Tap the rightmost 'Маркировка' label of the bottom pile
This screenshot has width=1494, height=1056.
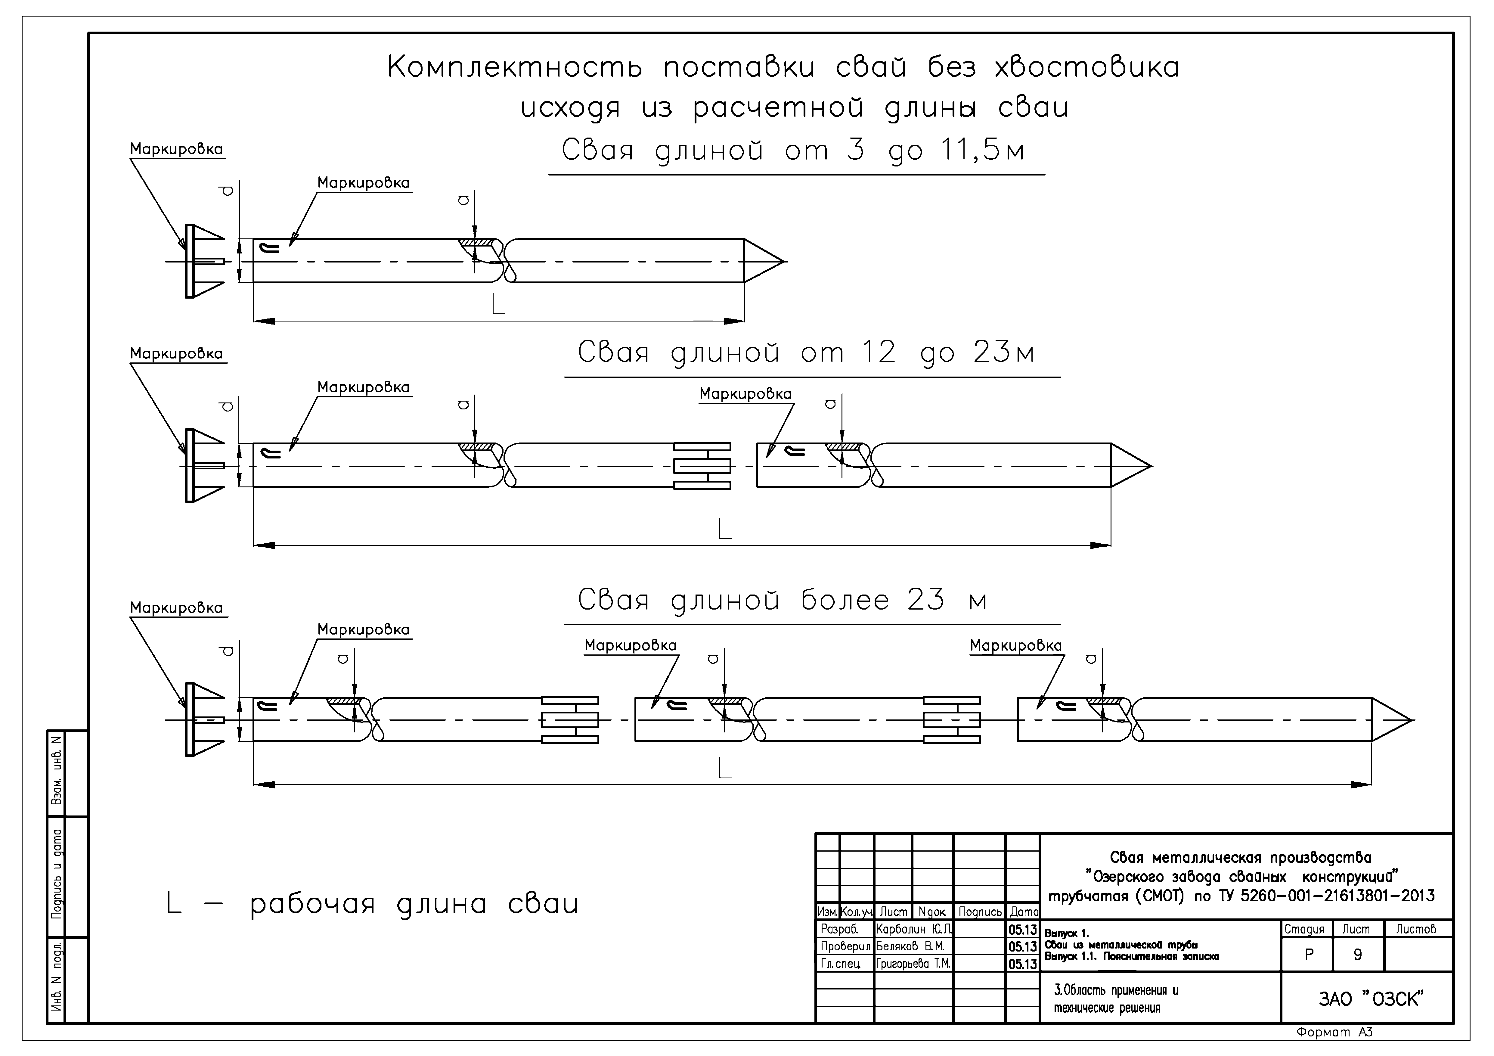coord(1015,645)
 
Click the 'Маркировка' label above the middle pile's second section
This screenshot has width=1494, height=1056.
coord(745,394)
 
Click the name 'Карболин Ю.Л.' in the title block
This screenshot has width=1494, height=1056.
coord(913,928)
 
